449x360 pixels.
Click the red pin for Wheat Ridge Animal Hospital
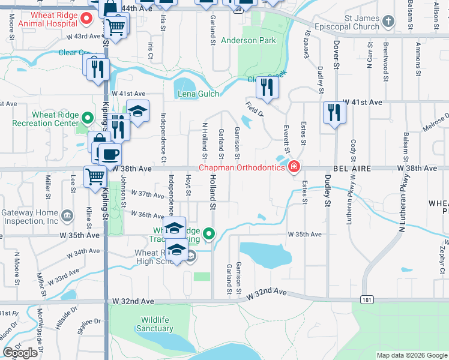coord(86,18)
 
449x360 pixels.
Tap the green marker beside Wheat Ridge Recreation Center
coord(88,117)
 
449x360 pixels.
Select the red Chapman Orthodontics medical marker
coord(294,167)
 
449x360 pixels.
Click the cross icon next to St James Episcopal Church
coord(388,22)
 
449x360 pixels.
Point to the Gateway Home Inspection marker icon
coord(67,213)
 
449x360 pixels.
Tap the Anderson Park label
coord(249,41)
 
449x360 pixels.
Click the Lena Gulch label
coord(198,94)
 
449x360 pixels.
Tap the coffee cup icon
coord(110,154)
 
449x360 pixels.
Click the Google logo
coord(20,353)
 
